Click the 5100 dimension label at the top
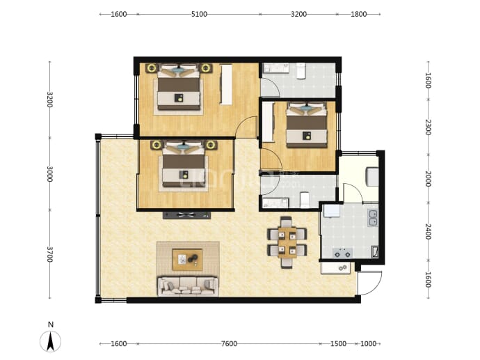(199, 14)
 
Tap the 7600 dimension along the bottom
(229, 344)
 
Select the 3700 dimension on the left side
(50, 255)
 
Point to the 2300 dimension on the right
(429, 127)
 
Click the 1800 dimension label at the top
(358, 14)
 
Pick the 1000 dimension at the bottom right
(368, 344)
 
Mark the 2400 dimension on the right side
(429, 232)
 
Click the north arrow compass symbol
(51, 341)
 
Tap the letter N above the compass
(51, 324)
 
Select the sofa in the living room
(188, 286)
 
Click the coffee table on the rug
(187, 260)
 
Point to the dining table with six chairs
(287, 242)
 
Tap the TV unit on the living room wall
(186, 214)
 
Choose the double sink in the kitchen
(373, 217)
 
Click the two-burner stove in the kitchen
(342, 253)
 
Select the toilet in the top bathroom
(301, 71)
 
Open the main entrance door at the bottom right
(370, 283)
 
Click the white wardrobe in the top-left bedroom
(226, 84)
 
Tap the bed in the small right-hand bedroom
(307, 125)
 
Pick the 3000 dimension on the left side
(50, 173)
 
